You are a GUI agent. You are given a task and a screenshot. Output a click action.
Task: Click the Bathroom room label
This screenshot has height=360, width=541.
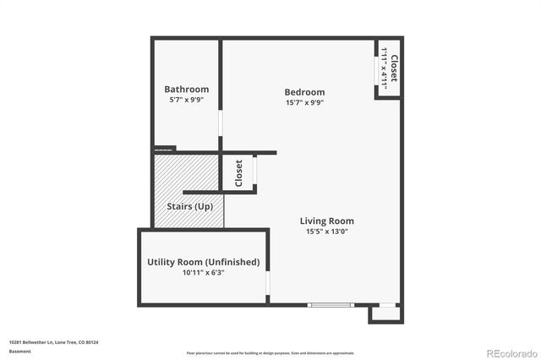tap(186, 89)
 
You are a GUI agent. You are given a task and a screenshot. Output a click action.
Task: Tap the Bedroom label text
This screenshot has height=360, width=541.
tap(303, 92)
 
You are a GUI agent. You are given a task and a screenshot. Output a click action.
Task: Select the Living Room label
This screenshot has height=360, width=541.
tap(325, 221)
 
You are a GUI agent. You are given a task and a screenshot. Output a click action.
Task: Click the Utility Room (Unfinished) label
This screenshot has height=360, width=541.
tap(203, 262)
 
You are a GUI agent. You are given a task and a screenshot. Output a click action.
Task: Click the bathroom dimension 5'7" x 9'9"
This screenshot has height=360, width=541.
tap(186, 100)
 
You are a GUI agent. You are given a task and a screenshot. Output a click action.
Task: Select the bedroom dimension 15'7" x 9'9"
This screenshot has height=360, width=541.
tap(303, 103)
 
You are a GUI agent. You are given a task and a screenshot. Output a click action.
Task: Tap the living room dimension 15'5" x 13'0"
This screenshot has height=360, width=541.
tap(325, 232)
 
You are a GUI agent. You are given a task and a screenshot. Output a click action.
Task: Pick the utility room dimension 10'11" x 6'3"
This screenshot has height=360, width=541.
tap(203, 273)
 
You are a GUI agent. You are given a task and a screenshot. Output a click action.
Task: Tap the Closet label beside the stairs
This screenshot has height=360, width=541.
tap(238, 173)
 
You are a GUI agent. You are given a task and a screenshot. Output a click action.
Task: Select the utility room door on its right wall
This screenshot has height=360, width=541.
tap(268, 281)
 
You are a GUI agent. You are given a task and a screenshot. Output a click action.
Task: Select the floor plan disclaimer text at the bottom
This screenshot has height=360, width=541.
tap(270, 352)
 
